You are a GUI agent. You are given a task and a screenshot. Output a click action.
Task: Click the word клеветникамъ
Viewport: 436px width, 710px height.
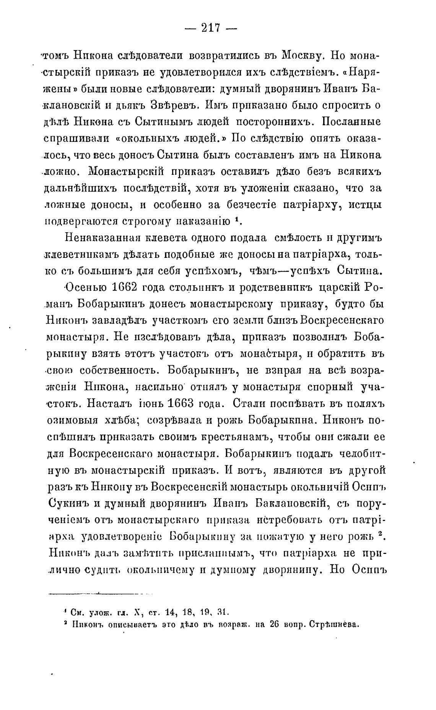pyautogui.click(x=79, y=254)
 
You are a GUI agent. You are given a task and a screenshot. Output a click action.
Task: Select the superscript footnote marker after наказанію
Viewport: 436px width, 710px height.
pyautogui.click(x=238, y=220)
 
